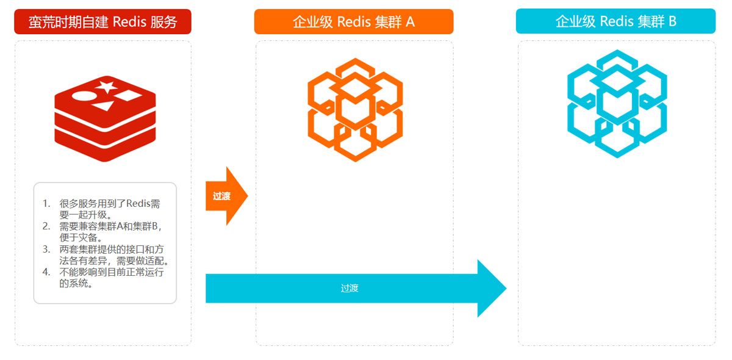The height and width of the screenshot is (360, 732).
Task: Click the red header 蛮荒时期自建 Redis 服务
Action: (x=102, y=22)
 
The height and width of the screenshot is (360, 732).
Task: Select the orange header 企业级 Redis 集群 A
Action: (x=353, y=22)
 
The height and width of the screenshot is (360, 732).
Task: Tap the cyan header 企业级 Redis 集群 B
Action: (x=615, y=21)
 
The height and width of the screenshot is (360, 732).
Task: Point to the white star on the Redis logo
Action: (x=107, y=87)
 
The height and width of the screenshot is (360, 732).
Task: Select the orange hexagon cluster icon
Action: (x=355, y=110)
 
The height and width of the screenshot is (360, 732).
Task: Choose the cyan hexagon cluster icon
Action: (x=617, y=104)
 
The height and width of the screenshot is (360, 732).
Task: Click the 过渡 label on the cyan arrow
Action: (x=350, y=288)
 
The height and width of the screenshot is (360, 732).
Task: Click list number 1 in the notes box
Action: (x=46, y=204)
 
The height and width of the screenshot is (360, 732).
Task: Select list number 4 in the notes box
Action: (x=46, y=272)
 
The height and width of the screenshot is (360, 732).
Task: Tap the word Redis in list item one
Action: (x=137, y=204)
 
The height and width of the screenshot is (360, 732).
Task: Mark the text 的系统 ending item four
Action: (x=76, y=283)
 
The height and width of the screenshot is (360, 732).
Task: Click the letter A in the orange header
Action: (x=410, y=22)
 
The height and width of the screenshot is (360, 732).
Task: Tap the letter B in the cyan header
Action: (x=672, y=21)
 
